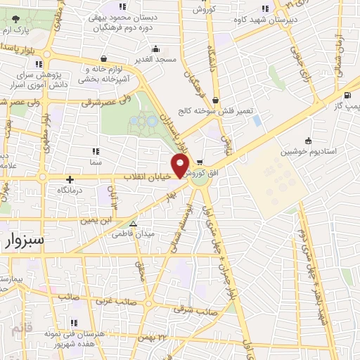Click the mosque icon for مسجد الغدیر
(x=155, y=49)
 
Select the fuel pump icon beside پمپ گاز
(x=348, y=95)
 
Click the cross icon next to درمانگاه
(x=70, y=179)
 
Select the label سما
(x=95, y=162)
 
